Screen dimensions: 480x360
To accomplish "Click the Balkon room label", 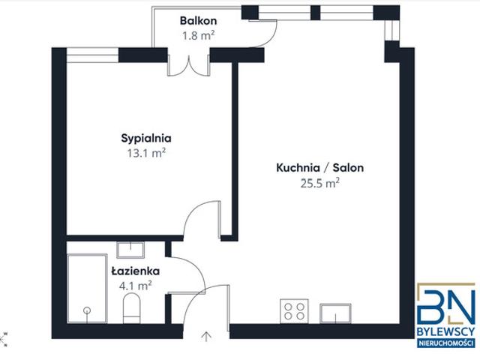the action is coord(198,20).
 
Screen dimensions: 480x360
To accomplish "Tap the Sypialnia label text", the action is coord(146,138).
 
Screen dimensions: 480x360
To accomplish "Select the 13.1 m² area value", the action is coord(146,153).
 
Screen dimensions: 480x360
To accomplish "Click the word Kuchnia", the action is coord(298,168).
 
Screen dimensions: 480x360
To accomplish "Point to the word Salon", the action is coord(348,168).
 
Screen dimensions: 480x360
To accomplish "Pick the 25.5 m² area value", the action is coord(319,183).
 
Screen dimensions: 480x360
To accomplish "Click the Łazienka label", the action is coord(135,271).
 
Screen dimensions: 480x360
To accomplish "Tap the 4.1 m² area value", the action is coord(135,286).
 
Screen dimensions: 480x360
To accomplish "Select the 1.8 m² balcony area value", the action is coord(198,35).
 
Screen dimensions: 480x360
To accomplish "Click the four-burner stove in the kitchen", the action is coord(294,311).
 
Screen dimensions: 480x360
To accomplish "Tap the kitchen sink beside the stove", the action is coord(335,313).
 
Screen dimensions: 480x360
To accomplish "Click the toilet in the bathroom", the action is coord(132,308).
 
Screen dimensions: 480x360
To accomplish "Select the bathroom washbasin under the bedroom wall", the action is coord(130,250).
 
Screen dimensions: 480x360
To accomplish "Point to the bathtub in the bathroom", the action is coord(87,288).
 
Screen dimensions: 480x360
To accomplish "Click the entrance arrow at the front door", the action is coord(207,337).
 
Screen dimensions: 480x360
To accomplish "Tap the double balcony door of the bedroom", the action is coord(188,65).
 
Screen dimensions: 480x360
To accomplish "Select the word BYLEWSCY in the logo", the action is coord(446,331).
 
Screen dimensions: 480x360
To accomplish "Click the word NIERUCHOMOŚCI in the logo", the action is coord(446,343).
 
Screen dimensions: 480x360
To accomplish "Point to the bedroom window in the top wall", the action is coord(92,55).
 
